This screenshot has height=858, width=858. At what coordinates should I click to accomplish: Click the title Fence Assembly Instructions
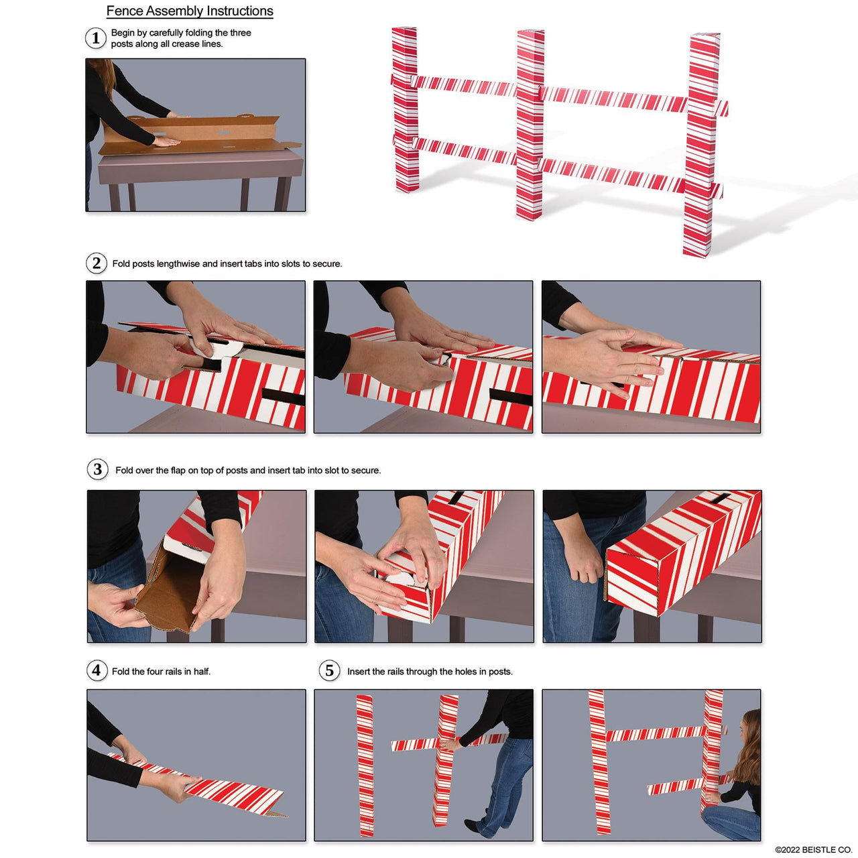[190, 11]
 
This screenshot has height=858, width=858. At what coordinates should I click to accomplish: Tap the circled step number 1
[96, 38]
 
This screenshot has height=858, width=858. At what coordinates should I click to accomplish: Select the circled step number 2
[97, 263]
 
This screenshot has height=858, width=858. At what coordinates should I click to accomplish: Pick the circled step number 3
[98, 469]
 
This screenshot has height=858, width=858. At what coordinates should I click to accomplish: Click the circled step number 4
[97, 670]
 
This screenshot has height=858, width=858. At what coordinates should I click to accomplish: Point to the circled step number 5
[329, 670]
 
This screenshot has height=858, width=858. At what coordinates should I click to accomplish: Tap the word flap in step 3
[178, 471]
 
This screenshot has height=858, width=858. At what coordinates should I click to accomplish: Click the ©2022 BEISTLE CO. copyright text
[813, 850]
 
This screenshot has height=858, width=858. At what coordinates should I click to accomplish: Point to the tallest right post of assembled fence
[701, 144]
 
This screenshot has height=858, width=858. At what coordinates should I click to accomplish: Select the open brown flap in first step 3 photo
[164, 590]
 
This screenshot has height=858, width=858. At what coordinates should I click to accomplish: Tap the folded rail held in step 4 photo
[228, 791]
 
